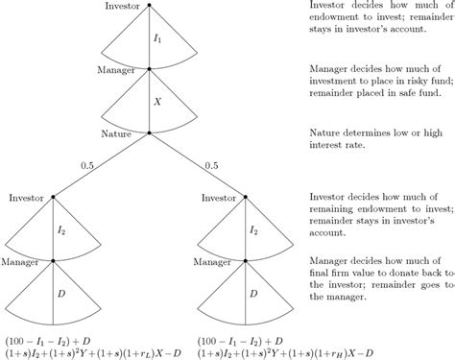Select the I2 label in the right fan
254,230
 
